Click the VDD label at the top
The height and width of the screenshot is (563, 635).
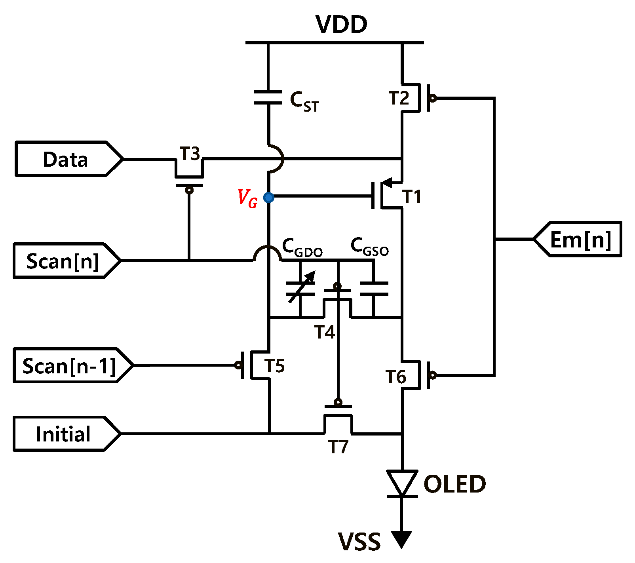click(341, 24)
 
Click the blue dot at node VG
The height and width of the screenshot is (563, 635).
click(269, 197)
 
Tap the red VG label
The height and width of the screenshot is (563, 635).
click(247, 198)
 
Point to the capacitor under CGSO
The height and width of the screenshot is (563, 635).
click(374, 289)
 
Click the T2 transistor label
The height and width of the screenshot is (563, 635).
click(399, 98)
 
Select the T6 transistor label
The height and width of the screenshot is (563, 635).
click(395, 377)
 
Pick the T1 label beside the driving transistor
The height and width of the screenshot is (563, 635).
click(412, 196)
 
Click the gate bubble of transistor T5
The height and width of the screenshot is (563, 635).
click(238, 365)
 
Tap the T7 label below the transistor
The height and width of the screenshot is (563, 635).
click(338, 447)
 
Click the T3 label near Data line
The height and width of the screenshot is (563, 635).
click(190, 154)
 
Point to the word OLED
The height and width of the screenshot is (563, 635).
click(454, 484)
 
